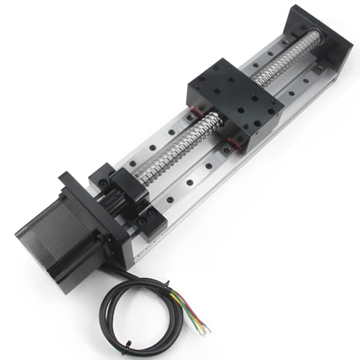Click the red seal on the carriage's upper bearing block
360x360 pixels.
coord(193,112)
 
